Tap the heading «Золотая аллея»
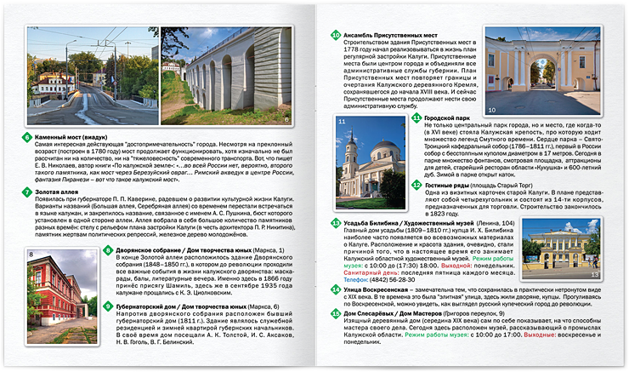pos(59,192)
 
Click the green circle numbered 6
pos(27,136)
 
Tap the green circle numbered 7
pos(27,192)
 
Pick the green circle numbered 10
pos(337,35)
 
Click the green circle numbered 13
pos(337,221)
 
